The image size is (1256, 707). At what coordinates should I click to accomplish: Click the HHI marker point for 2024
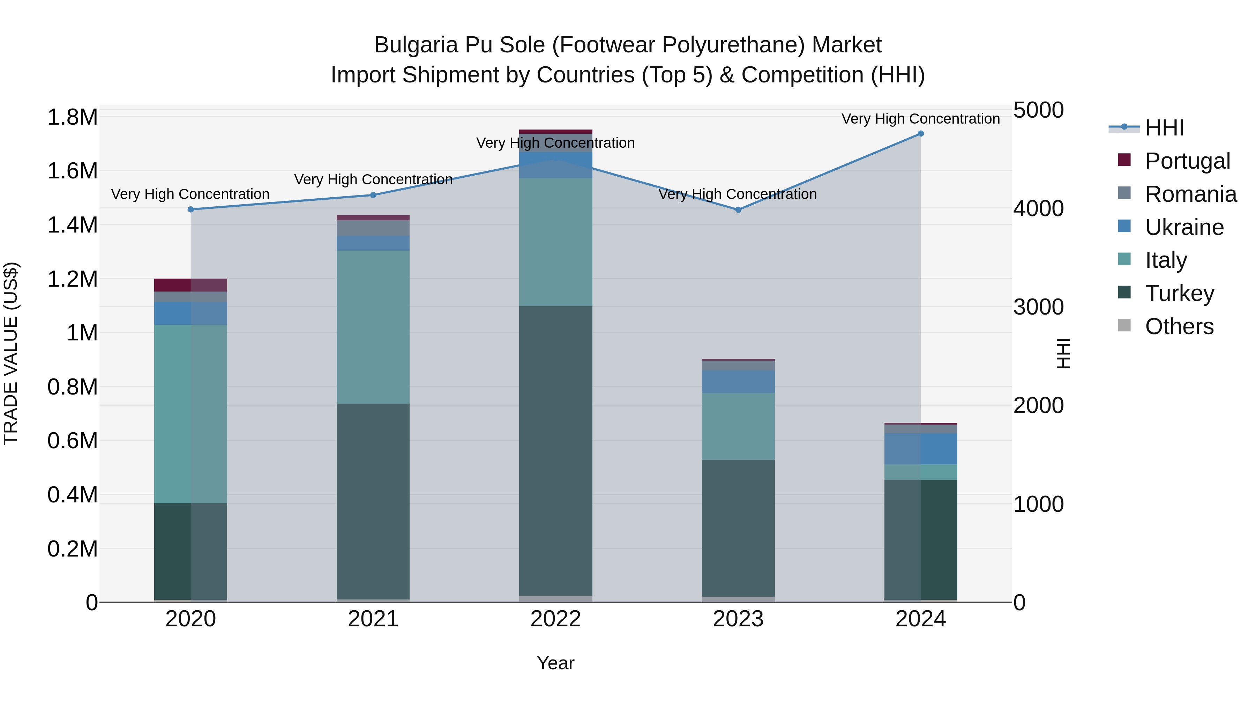(x=921, y=134)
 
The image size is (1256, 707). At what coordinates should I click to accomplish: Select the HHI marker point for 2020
(x=190, y=209)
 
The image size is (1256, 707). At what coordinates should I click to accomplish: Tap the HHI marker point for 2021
(x=373, y=195)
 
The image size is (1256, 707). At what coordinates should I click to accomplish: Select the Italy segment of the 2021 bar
(x=373, y=327)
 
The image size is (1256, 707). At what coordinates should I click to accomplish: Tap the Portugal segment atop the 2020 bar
(x=190, y=285)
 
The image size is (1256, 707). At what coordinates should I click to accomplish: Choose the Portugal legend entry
(x=1187, y=161)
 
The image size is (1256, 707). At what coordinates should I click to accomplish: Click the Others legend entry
(x=1179, y=326)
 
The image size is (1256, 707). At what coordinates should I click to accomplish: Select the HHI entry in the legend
(x=1164, y=128)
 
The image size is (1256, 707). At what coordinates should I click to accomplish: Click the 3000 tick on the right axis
(x=1039, y=307)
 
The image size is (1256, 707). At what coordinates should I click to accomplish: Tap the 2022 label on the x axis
(x=555, y=619)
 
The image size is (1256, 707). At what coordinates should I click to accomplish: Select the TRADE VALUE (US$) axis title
(x=11, y=353)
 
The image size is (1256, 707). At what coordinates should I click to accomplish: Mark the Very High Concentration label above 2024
(x=921, y=119)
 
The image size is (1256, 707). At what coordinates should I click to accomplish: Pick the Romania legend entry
(x=1190, y=194)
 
